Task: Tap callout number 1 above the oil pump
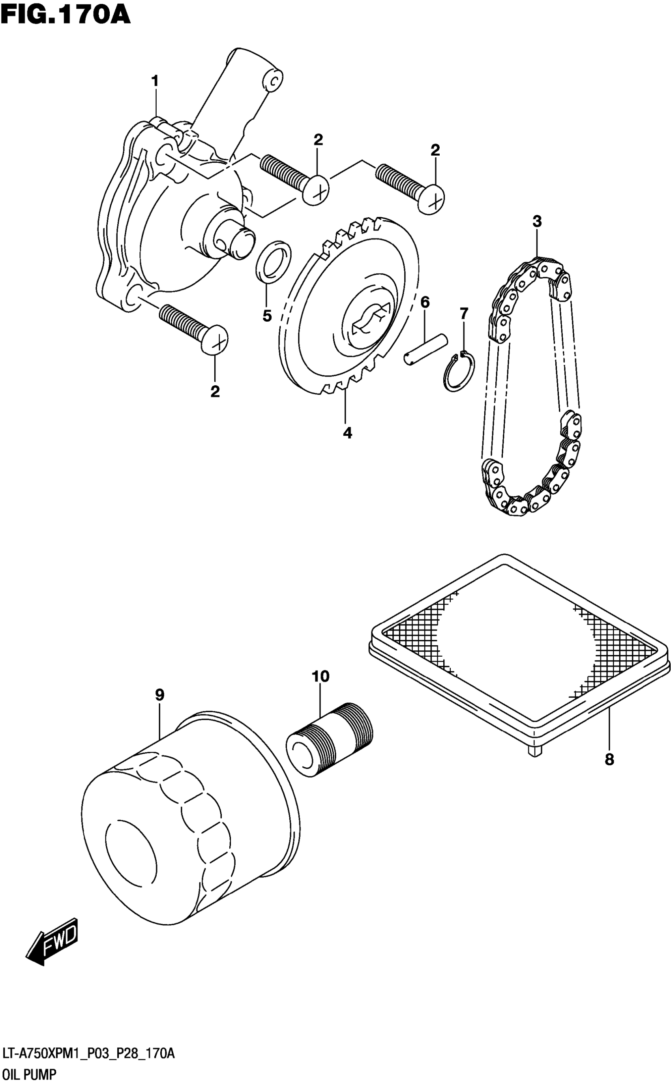click(154, 81)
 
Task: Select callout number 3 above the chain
click(537, 221)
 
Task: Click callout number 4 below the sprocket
click(347, 433)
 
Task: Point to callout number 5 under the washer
click(267, 316)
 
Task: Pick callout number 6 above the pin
click(425, 303)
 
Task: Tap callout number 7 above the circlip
click(464, 314)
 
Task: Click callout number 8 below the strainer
click(609, 759)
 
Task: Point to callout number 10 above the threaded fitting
click(321, 676)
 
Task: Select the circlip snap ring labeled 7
click(459, 372)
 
